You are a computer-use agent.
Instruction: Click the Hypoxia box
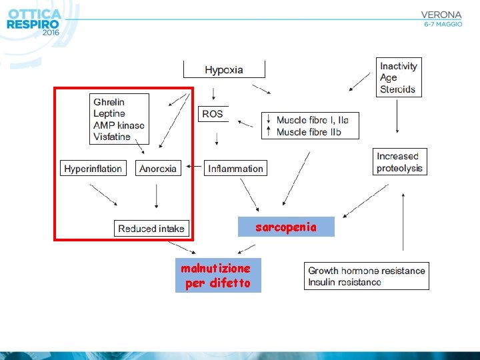tap(224, 70)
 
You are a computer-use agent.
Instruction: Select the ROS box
tap(213, 114)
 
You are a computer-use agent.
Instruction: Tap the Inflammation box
tap(235, 169)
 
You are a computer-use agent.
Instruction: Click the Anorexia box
tap(158, 169)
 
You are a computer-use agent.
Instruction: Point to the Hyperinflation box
tap(93, 169)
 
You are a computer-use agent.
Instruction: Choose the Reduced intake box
tap(151, 229)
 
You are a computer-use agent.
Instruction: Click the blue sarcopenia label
tap(286, 227)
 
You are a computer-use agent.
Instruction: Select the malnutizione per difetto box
tap(217, 275)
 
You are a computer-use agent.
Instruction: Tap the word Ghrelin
tap(109, 102)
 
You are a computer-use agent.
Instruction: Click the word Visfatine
tap(112, 137)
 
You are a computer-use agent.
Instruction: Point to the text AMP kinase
tap(119, 125)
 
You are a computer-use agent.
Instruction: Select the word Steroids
tap(397, 89)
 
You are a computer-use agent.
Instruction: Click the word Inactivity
tap(399, 66)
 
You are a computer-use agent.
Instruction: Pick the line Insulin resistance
tap(345, 282)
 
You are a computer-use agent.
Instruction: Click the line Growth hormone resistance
tap(366, 271)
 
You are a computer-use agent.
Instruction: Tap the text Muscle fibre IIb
tap(309, 132)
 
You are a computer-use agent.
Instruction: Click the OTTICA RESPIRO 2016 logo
tap(33, 22)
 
